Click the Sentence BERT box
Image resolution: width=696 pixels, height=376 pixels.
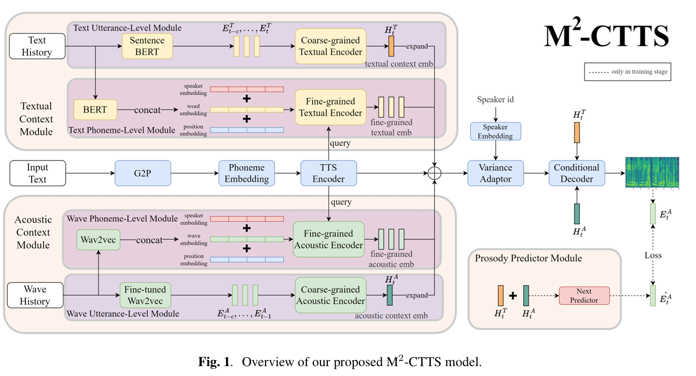click(148, 46)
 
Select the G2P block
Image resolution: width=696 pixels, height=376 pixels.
click(142, 173)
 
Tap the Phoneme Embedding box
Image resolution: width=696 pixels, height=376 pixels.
click(247, 173)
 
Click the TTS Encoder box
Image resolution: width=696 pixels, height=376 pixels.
click(329, 173)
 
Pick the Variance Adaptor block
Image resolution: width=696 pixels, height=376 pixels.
click(496, 173)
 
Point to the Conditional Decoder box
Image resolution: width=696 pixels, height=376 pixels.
click(576, 173)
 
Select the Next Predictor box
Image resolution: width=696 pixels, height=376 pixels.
click(584, 296)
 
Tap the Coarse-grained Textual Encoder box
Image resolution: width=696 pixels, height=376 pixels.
click(331, 46)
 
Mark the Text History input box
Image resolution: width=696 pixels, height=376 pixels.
click(37, 46)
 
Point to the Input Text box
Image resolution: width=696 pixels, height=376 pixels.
click(37, 173)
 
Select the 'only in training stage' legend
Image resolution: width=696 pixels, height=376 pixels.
click(627, 72)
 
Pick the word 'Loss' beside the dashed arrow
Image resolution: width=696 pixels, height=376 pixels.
click(653, 256)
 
